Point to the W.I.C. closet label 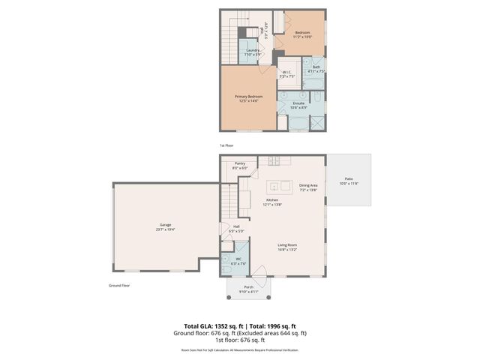(x=286, y=73)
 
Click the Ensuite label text (x=298, y=104)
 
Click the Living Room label (x=288, y=247)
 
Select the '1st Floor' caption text (x=227, y=145)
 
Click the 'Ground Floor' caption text (x=120, y=285)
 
